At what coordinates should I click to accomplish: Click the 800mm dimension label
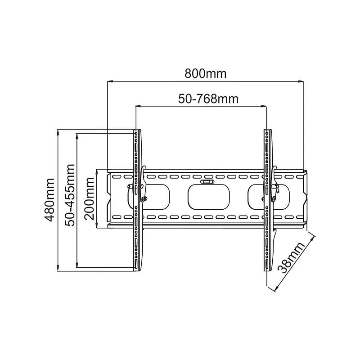[x=205, y=73]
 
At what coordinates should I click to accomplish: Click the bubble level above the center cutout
[x=207, y=182]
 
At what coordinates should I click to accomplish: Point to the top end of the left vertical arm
[x=137, y=131]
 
